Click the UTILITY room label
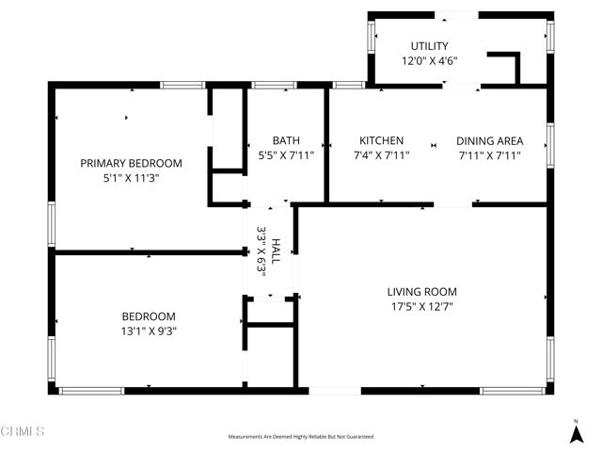point(429,46)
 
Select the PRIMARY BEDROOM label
point(131,163)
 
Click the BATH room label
point(286,140)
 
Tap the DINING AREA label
point(490,140)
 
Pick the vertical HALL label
point(276,250)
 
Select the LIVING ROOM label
point(422,292)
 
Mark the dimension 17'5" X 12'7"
point(422,306)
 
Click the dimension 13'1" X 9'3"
point(149,331)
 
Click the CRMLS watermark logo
point(23,431)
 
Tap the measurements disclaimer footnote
point(300,437)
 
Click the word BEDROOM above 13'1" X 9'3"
point(149,316)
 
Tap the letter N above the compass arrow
point(576,420)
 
